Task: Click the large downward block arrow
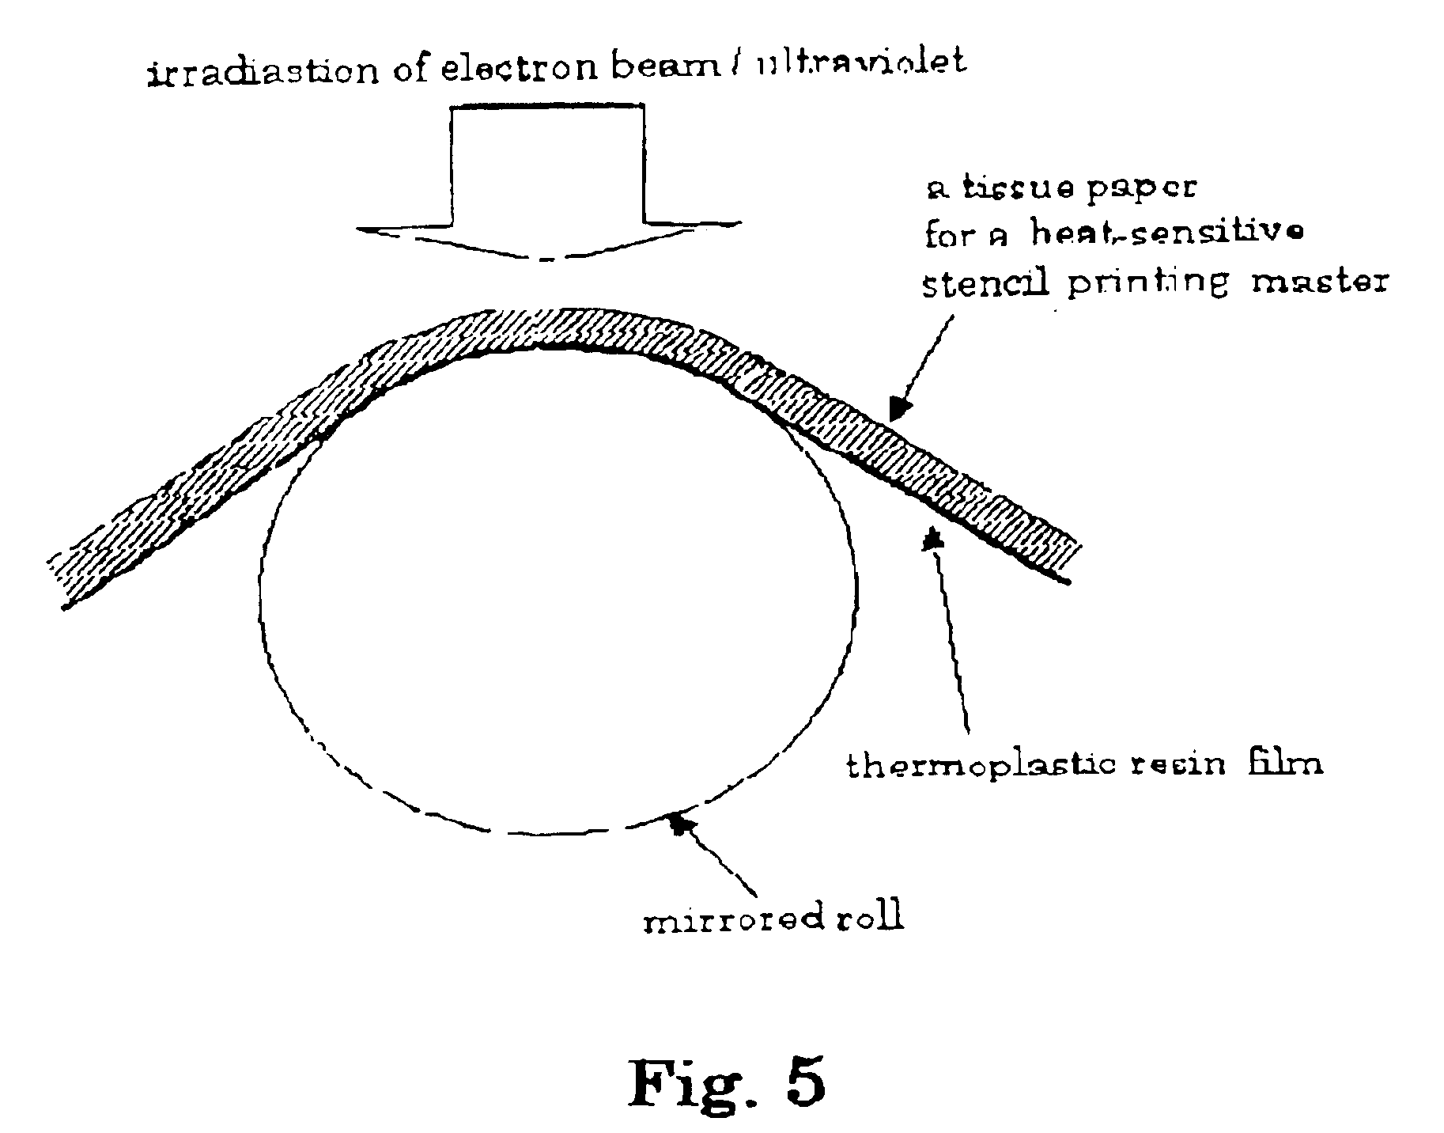click(548, 182)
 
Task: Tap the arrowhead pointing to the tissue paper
click(899, 409)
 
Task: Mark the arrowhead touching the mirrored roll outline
click(678, 823)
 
